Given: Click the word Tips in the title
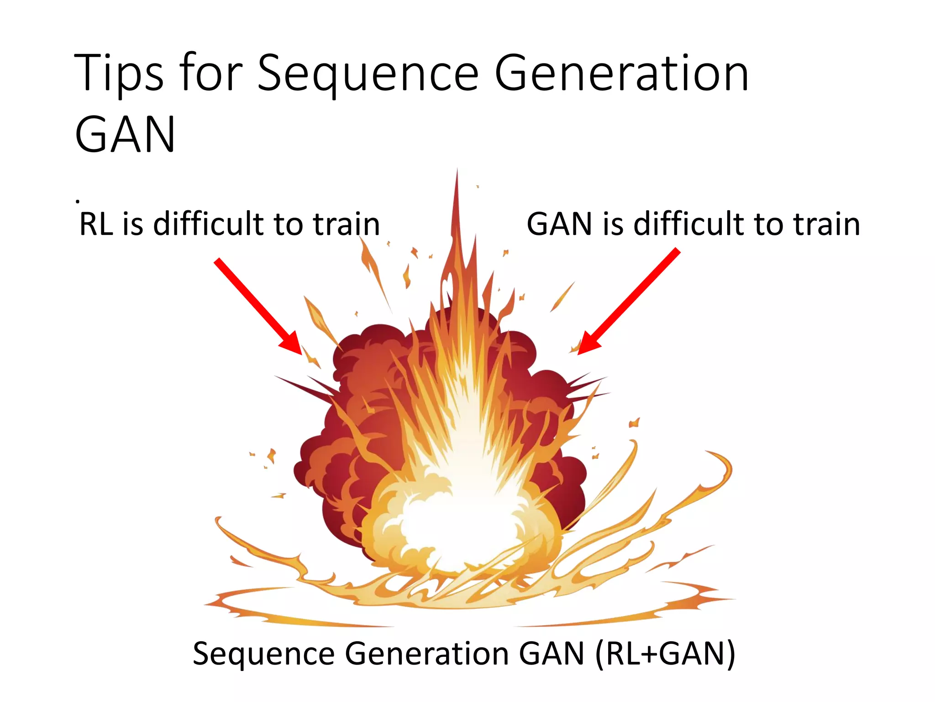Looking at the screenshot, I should tap(118, 73).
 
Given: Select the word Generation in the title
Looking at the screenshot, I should tap(621, 73).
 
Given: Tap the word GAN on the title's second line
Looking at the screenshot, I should tap(125, 135).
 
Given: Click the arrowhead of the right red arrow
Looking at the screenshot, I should tap(587, 346).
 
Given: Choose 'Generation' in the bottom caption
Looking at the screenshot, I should tap(427, 654).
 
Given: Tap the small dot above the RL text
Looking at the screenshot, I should tap(78, 201).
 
